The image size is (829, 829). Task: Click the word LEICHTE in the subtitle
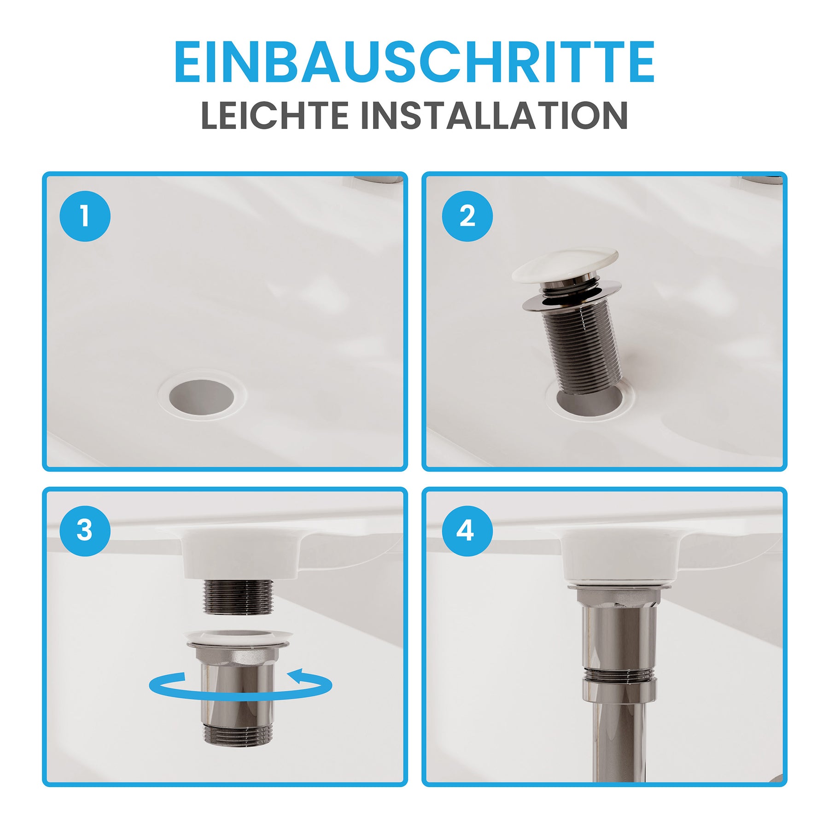(275, 115)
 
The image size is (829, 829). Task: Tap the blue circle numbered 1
(85, 216)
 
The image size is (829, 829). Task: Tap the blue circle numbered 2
(467, 216)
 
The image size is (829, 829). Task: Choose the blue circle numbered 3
(85, 531)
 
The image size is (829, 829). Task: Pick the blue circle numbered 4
(467, 531)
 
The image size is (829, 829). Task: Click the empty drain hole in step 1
(202, 396)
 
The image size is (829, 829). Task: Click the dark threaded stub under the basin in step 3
(239, 597)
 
